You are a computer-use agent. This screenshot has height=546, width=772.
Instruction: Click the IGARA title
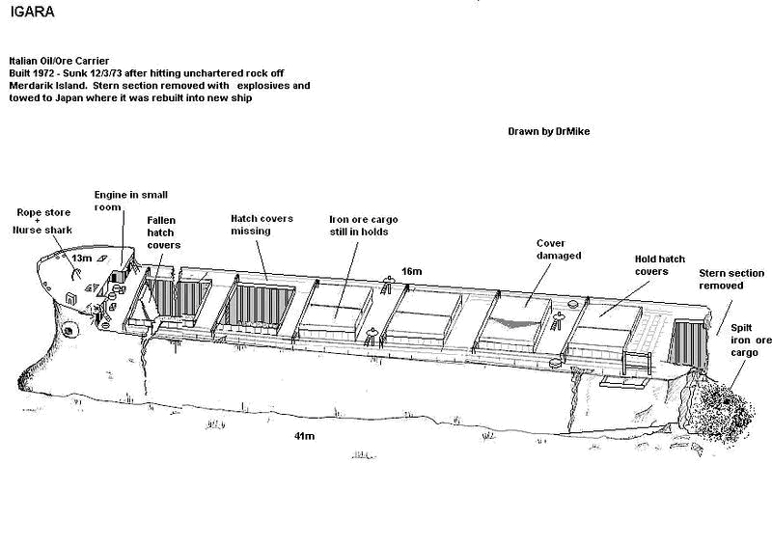tap(32, 12)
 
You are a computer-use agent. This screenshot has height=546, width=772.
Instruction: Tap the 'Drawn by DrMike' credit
tap(548, 131)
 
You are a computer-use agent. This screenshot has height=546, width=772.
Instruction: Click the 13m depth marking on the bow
tap(81, 258)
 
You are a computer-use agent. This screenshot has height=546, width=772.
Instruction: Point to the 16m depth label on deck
tap(412, 271)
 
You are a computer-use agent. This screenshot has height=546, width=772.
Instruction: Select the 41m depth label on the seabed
tap(304, 436)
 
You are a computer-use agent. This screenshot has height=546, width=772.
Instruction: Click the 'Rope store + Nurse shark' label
tap(42, 221)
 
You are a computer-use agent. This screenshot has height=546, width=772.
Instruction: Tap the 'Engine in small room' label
tap(131, 201)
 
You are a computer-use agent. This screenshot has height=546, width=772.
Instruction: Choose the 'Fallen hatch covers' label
tap(163, 232)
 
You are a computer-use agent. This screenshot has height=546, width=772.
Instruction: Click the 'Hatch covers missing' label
tap(262, 225)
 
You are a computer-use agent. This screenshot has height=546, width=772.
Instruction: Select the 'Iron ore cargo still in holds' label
tap(364, 226)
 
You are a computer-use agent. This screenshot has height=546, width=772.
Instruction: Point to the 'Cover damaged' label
tap(559, 249)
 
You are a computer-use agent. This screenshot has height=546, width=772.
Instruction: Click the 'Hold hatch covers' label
tap(660, 265)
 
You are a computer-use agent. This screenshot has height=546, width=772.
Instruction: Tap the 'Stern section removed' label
tap(731, 279)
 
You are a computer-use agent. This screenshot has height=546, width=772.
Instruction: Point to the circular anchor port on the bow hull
tap(69, 330)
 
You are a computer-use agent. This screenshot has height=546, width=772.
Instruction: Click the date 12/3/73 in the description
tap(106, 73)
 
